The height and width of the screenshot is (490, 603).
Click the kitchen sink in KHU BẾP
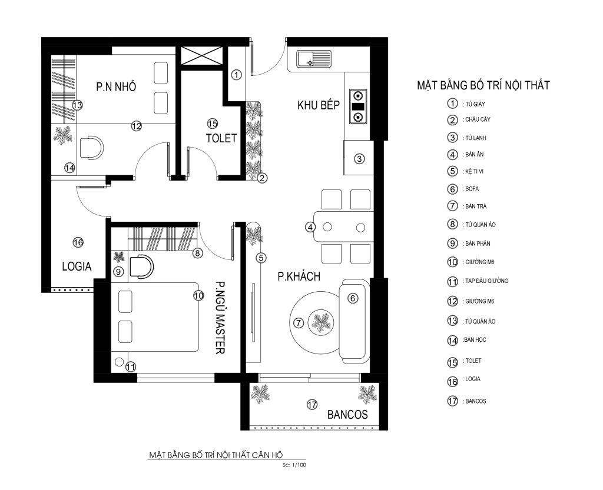(x=314, y=59)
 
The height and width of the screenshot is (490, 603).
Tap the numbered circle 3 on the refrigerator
(x=359, y=159)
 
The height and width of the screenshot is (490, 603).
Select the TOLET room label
(x=221, y=138)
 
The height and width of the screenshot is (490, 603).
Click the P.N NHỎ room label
(x=116, y=86)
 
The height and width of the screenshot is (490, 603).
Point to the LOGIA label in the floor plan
(x=77, y=266)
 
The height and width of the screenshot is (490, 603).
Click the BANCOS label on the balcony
(x=347, y=415)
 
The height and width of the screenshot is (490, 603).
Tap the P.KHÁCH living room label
(x=299, y=276)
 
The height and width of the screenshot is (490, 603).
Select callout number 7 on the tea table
(x=299, y=323)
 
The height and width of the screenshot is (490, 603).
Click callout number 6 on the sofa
(x=353, y=298)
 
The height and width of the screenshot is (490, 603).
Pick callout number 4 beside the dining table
(x=310, y=227)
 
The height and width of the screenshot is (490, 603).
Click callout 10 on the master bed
(x=198, y=296)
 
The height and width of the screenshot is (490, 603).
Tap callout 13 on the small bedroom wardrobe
(x=77, y=105)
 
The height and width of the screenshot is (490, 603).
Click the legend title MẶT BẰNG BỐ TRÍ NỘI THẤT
(x=483, y=85)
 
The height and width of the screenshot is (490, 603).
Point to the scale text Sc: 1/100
(x=294, y=465)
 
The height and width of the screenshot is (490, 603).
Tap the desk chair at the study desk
(x=92, y=147)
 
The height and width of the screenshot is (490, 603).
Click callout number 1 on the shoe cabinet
(x=237, y=75)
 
